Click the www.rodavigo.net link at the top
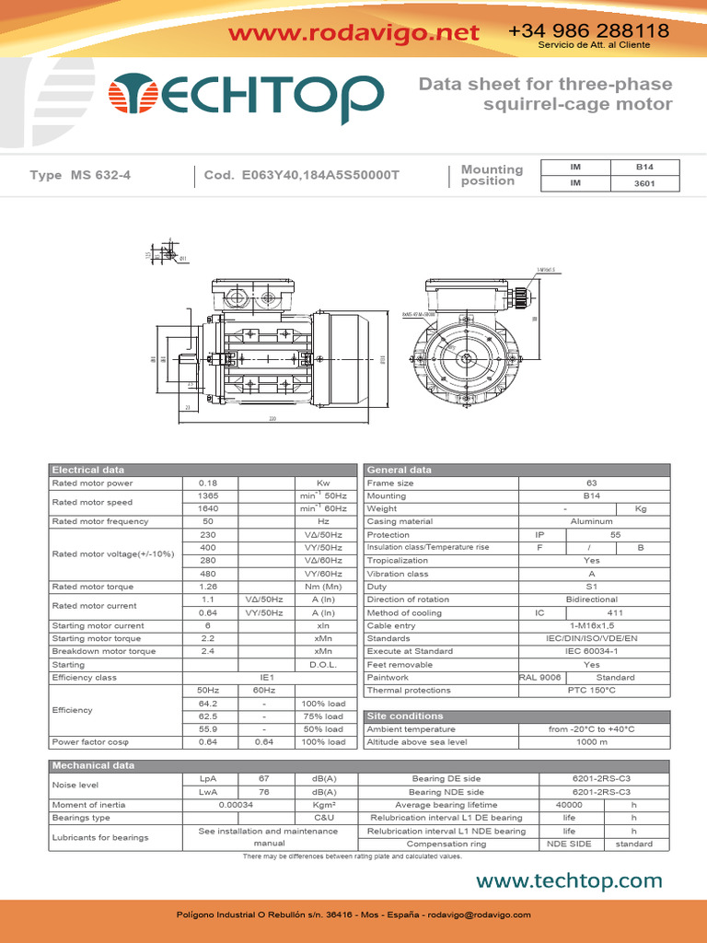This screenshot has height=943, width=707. coord(353,34)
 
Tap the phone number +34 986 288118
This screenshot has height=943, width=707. coord(588,31)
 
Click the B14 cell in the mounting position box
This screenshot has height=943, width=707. coord(644,167)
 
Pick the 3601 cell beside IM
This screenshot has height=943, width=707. coord(644,183)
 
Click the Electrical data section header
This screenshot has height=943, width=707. coord(88,470)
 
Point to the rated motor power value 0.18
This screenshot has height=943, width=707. coord(207,483)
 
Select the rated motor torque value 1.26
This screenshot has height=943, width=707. coord(207,586)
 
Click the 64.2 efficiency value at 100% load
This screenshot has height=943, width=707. coord(207,703)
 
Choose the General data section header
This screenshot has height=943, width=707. coord(399,470)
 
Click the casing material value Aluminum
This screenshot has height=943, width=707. coord(591,521)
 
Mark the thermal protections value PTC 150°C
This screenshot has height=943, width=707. coord(591,690)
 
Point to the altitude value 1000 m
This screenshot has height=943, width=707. coord(591,741)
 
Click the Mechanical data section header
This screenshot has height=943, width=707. coord(93,765)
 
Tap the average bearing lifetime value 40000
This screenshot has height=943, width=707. coord(569,804)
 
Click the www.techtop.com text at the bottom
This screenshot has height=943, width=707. coord(569,881)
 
